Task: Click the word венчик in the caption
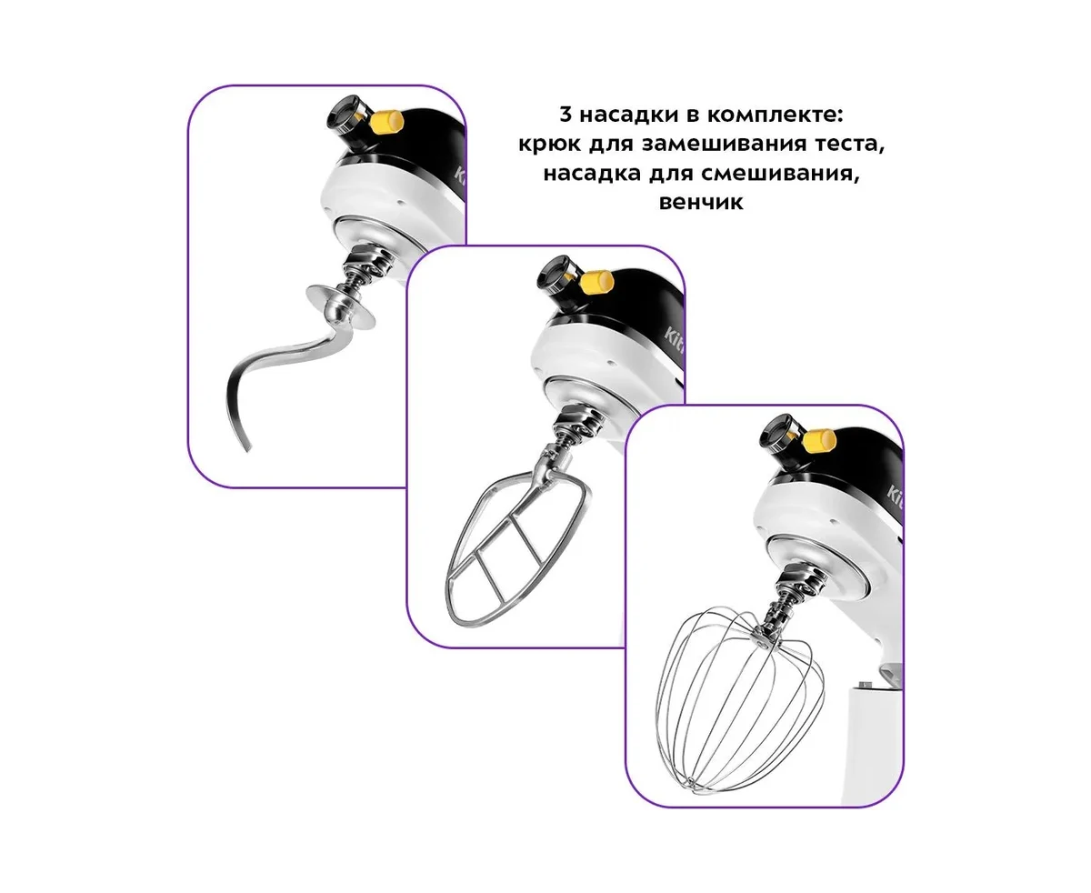700,201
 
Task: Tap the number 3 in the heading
566,115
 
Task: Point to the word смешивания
779,173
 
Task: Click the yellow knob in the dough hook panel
388,122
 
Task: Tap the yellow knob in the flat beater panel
597,283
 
